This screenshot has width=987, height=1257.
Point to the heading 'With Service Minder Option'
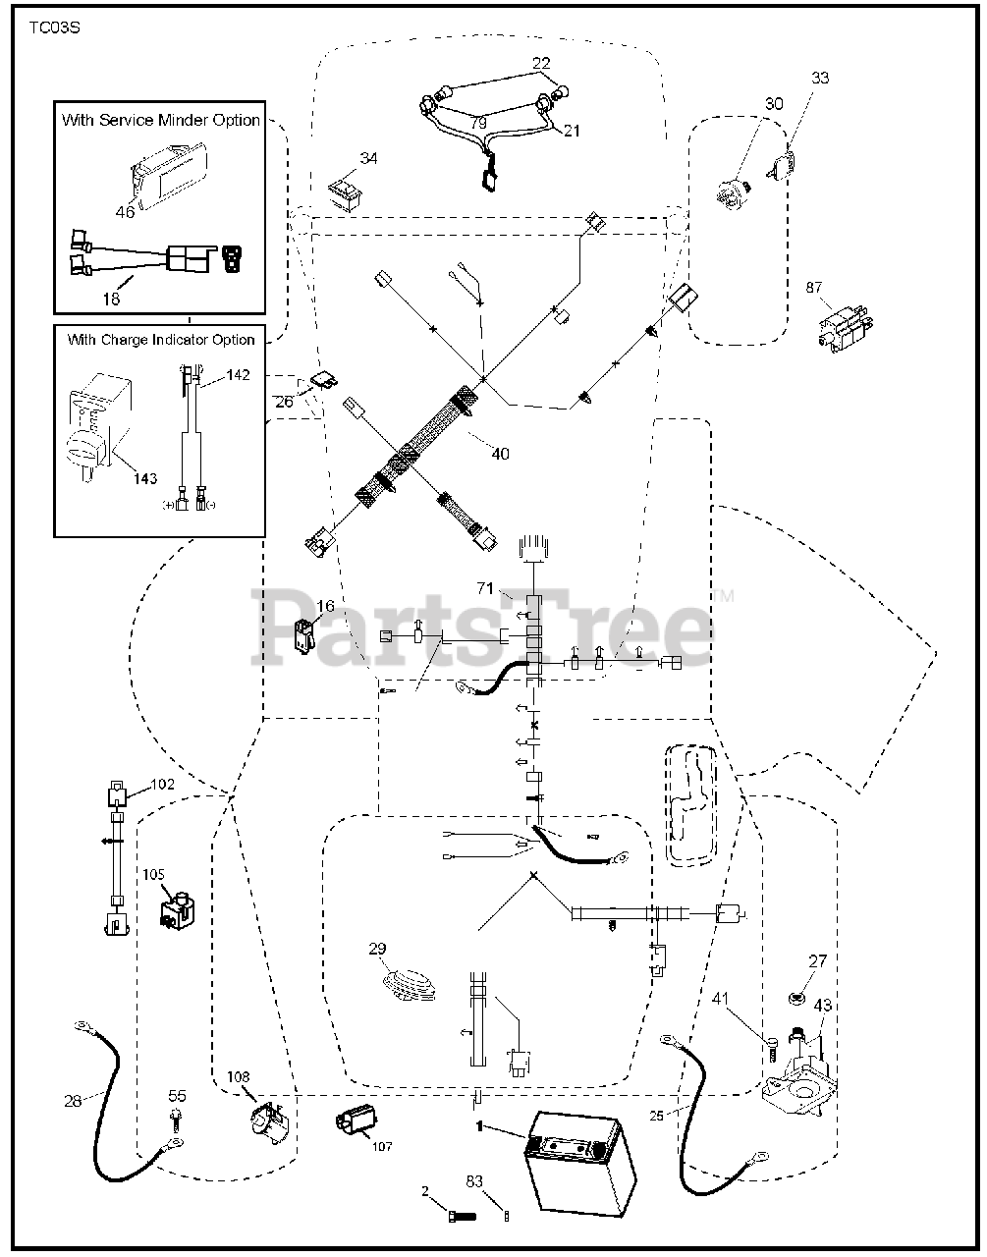click(160, 120)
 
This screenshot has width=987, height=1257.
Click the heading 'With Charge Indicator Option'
click(160, 340)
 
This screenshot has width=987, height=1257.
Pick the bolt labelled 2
click(458, 1215)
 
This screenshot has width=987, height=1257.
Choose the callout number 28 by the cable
click(73, 1101)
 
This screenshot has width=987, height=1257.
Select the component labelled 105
click(177, 909)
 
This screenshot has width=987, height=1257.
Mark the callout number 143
click(144, 478)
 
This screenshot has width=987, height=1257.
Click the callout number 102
click(162, 785)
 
